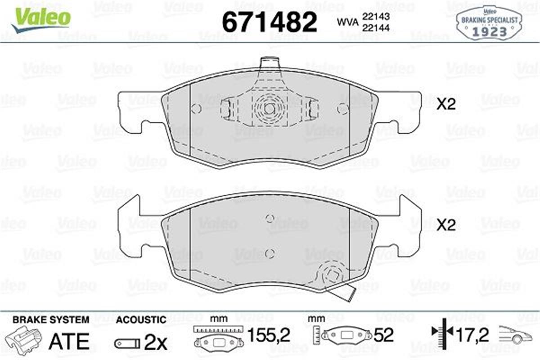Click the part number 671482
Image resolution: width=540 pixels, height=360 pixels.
[x=270, y=22]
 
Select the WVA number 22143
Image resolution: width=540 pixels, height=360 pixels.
[x=378, y=16]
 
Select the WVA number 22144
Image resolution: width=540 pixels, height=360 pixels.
[x=378, y=27]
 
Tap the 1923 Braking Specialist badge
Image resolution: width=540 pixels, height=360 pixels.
[x=489, y=23]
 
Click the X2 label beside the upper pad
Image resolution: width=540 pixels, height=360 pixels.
[x=446, y=105]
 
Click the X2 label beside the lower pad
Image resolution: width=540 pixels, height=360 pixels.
[x=446, y=225]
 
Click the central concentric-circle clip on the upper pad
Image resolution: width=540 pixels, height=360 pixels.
[x=270, y=108]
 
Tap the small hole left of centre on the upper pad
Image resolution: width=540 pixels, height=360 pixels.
[x=196, y=108]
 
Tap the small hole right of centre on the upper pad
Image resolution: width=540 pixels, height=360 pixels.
[x=342, y=108]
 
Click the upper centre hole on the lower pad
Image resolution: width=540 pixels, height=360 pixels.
[x=270, y=219]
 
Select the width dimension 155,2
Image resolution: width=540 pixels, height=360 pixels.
[x=269, y=335]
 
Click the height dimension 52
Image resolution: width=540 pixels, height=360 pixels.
[x=383, y=335]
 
